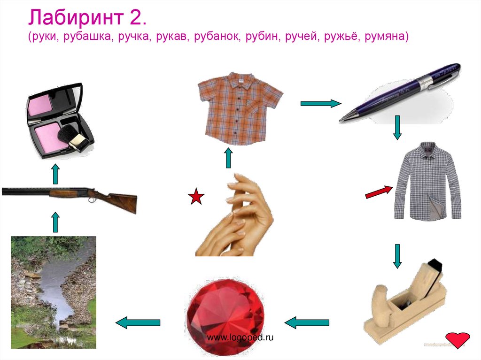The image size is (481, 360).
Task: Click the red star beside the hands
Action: pos(196,197)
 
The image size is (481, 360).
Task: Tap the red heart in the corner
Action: pos(458,340)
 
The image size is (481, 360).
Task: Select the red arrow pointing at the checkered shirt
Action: pos(379,191)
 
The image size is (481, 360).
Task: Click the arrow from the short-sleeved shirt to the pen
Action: pos(320,104)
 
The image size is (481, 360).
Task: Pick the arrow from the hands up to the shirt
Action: pos(228,158)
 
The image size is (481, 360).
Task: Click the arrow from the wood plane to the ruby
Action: pos(306,322)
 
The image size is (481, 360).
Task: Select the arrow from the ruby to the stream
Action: pos(138,322)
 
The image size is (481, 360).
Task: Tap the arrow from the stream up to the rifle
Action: pos(55,222)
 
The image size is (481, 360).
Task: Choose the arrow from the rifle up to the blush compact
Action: pos(55,174)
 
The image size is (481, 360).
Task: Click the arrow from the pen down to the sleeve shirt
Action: pos(397,128)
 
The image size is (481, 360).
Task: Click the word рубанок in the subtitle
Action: pos(217,37)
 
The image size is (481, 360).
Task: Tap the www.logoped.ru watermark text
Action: pos(240,337)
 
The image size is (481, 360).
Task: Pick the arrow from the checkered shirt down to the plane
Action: pos(397,256)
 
